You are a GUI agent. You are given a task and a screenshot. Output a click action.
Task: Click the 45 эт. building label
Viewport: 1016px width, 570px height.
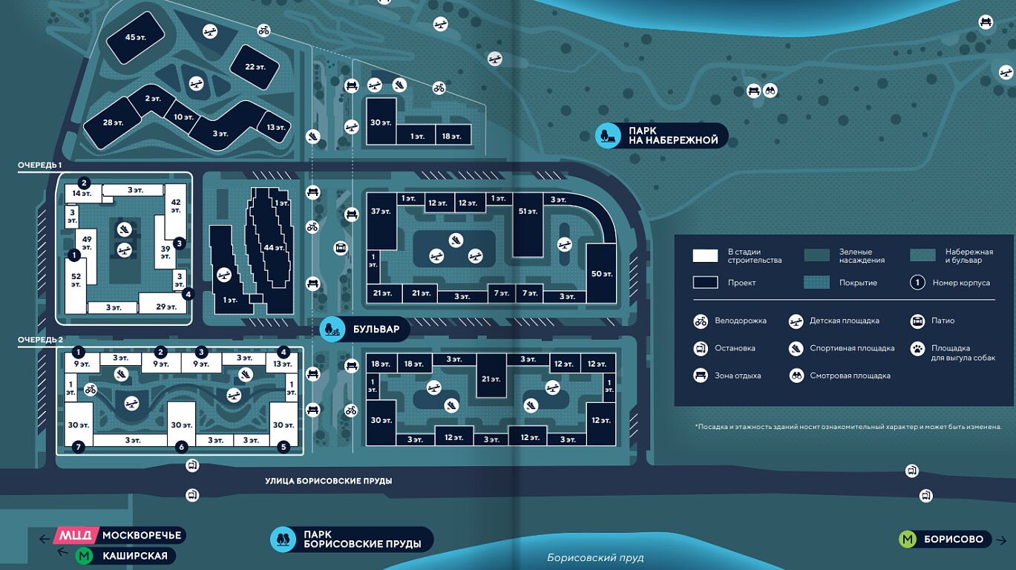tap(134, 37)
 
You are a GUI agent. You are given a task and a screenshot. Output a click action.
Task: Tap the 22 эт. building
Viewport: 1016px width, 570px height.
tap(255, 67)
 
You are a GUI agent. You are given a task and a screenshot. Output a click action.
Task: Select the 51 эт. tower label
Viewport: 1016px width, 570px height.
tap(528, 212)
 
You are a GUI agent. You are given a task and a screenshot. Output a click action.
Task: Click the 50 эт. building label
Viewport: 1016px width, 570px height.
tap(602, 274)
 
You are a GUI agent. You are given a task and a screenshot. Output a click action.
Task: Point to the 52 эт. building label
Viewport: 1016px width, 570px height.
tap(76, 280)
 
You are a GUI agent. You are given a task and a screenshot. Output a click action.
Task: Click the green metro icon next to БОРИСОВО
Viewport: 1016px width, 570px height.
tap(908, 540)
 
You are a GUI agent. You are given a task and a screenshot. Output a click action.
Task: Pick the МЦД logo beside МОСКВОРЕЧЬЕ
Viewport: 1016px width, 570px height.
tap(76, 535)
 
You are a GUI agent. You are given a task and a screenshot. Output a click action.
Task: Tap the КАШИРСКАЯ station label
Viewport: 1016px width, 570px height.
tap(135, 555)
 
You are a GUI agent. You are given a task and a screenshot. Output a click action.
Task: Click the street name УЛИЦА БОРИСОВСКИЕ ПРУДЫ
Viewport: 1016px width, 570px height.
tap(328, 481)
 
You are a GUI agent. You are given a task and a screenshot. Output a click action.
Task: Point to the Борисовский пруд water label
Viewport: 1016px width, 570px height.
tap(595, 557)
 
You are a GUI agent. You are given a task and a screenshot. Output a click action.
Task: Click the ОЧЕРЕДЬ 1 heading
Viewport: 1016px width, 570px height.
tap(40, 166)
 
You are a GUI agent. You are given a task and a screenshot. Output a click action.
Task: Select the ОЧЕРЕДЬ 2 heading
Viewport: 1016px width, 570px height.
tap(40, 340)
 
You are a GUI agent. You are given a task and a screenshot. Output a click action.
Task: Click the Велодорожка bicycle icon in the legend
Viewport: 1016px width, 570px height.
tap(701, 321)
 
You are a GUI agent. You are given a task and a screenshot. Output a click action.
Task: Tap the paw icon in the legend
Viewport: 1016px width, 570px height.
tap(917, 348)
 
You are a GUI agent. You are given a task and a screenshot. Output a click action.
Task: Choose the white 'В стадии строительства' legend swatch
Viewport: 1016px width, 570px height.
tap(705, 256)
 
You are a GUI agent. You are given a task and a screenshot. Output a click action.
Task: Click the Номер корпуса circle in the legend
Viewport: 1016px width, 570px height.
tap(917, 282)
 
